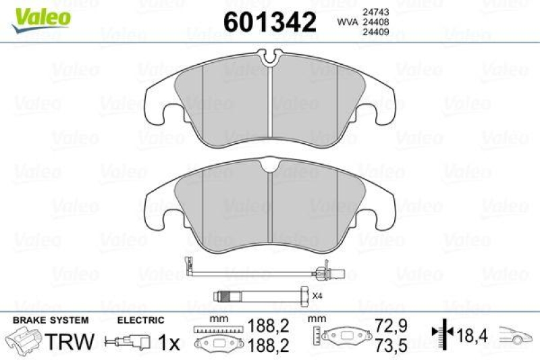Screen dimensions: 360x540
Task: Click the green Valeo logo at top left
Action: click(39, 16)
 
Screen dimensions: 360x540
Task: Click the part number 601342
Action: click(269, 22)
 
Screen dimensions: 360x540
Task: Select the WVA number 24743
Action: click(375, 11)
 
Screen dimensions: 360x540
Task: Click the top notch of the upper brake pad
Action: click(270, 59)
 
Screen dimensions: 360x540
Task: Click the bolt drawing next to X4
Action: click(260, 295)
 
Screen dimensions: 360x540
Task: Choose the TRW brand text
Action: click(70, 342)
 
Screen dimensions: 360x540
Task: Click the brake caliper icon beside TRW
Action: click(24, 341)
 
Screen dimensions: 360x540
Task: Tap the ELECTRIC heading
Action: click(140, 319)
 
